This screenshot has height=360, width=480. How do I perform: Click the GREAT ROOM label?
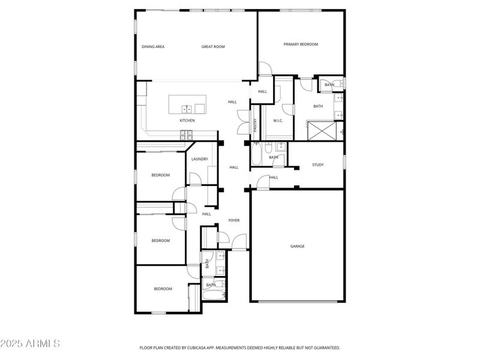(x=213, y=46)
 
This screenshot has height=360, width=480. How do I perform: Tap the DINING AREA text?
(x=153, y=46)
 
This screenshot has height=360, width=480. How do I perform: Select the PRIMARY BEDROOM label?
(x=301, y=44)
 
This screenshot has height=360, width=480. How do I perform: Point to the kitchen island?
(x=187, y=104)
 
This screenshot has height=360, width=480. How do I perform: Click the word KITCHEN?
(x=187, y=121)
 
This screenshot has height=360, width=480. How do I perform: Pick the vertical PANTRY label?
(x=255, y=125)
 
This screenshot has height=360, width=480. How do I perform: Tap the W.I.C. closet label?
(x=278, y=121)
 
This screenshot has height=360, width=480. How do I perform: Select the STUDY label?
(x=318, y=164)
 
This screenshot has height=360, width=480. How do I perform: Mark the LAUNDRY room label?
(x=200, y=159)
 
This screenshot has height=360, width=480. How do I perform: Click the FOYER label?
(x=234, y=220)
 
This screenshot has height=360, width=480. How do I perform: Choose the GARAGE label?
(x=297, y=246)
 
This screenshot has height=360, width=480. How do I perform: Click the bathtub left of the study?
(x=256, y=156)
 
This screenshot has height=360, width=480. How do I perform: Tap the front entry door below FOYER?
(x=239, y=242)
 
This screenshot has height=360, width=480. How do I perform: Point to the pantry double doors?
(x=242, y=122)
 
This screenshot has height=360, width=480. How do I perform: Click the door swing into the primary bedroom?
(x=265, y=68)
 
